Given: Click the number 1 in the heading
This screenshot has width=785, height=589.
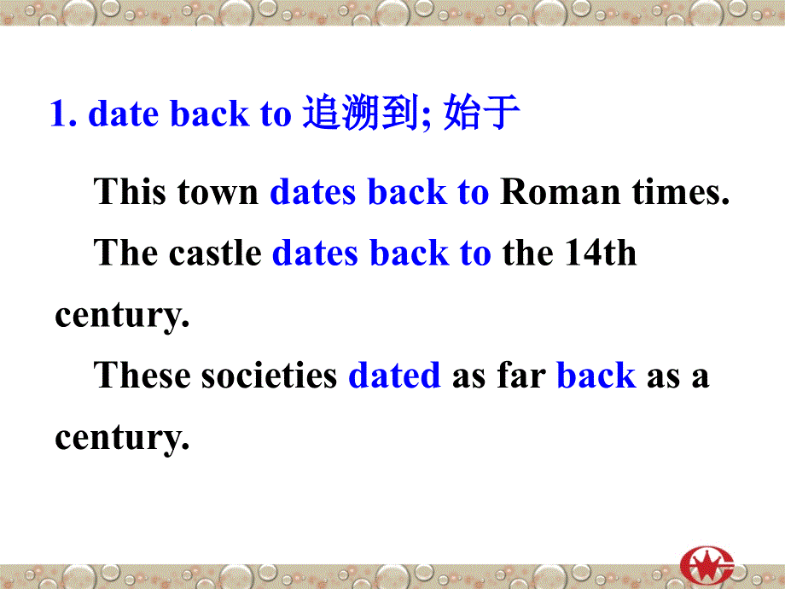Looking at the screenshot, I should [59, 114].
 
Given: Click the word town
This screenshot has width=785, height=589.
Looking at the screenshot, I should [218, 192].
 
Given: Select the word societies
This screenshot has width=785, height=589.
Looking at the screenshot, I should [270, 376].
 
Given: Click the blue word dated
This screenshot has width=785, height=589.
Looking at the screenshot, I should [394, 376].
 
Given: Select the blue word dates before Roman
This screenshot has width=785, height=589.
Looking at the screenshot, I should [313, 192].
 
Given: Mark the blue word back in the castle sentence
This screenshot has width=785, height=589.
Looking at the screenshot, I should [407, 254].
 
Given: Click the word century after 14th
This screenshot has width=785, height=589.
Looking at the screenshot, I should [120, 316].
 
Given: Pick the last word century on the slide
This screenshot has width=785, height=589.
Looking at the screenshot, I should [120, 438].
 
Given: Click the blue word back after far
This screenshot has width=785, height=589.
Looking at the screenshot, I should [596, 376].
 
